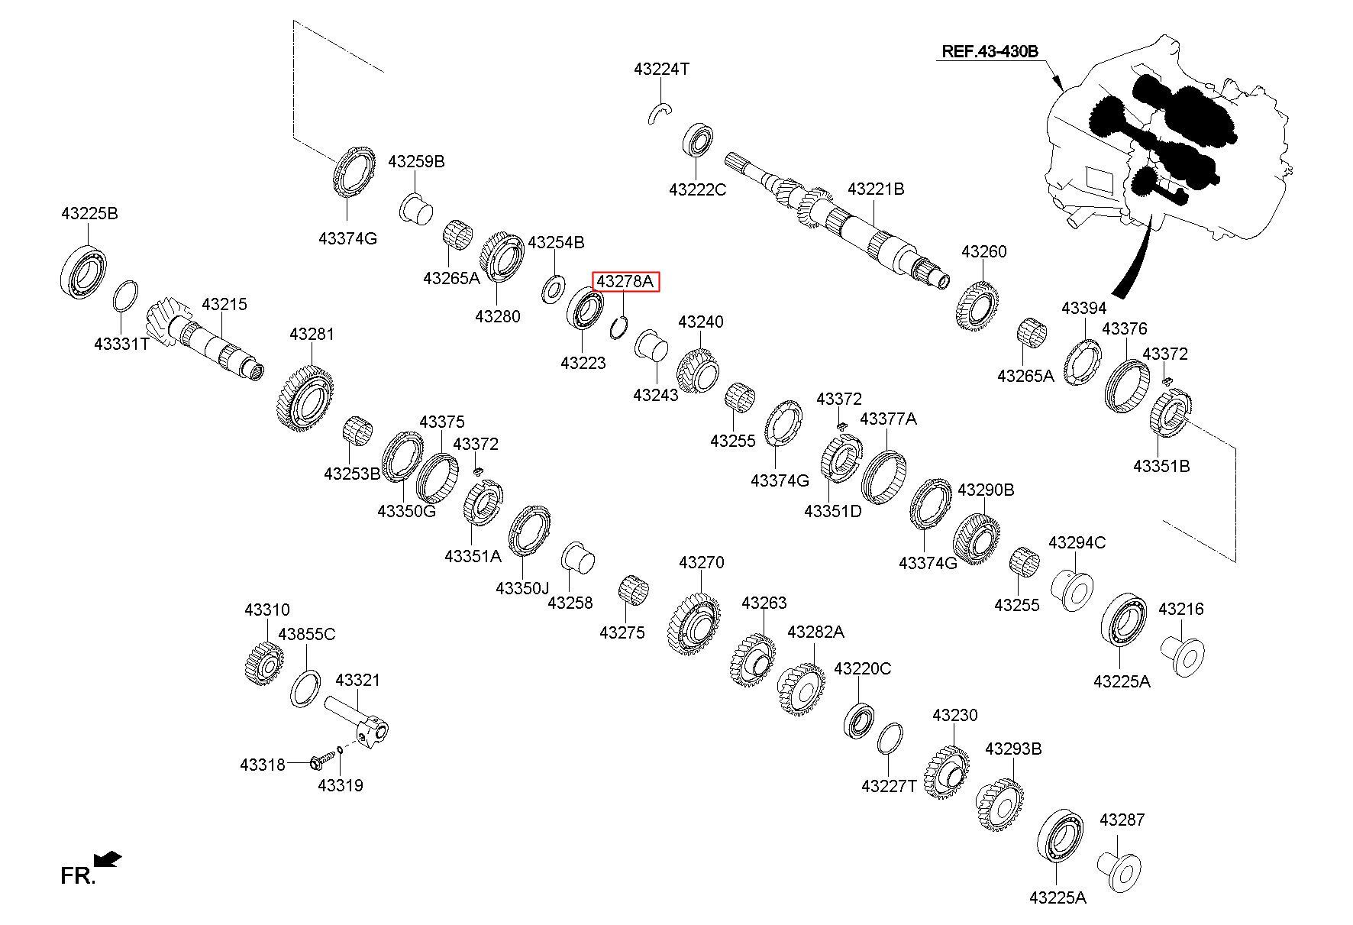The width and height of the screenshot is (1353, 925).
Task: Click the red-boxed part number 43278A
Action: (x=625, y=282)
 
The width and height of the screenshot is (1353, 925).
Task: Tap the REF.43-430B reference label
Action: (x=990, y=51)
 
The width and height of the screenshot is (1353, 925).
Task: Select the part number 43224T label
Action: (x=661, y=70)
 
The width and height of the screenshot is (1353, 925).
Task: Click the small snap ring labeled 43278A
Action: (x=620, y=329)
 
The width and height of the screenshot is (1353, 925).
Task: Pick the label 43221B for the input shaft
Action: (x=876, y=189)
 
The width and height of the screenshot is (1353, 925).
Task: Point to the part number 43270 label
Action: (x=701, y=563)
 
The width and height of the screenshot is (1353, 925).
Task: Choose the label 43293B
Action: (x=1012, y=749)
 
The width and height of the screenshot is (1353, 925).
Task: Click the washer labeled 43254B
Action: (x=551, y=290)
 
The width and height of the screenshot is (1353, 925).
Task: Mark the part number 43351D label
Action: (x=832, y=511)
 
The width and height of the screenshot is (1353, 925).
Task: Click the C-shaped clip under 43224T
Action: (x=660, y=113)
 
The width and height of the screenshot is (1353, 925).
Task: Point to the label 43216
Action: (x=1180, y=609)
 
